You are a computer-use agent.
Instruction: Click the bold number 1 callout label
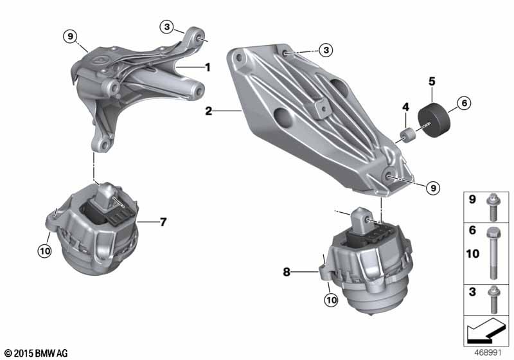(x=207, y=67)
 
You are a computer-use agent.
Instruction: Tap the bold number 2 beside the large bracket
(x=208, y=111)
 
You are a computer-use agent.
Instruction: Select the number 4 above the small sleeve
(x=406, y=107)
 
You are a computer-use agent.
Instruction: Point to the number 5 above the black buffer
(x=432, y=81)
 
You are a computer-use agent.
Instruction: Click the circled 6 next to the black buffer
(x=464, y=103)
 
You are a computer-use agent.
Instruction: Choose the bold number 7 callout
(x=163, y=222)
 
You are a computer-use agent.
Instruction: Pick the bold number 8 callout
(x=287, y=272)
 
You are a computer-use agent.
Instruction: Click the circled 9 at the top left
(x=71, y=37)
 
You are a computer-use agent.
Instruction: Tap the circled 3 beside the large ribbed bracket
(x=326, y=50)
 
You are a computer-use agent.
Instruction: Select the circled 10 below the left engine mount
(x=44, y=251)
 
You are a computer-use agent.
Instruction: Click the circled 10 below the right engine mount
(x=331, y=300)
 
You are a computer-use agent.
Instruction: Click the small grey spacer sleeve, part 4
(x=408, y=136)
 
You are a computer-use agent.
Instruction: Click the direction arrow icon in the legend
(x=485, y=330)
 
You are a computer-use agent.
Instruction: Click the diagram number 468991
(x=488, y=353)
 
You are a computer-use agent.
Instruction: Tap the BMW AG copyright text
(x=37, y=353)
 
